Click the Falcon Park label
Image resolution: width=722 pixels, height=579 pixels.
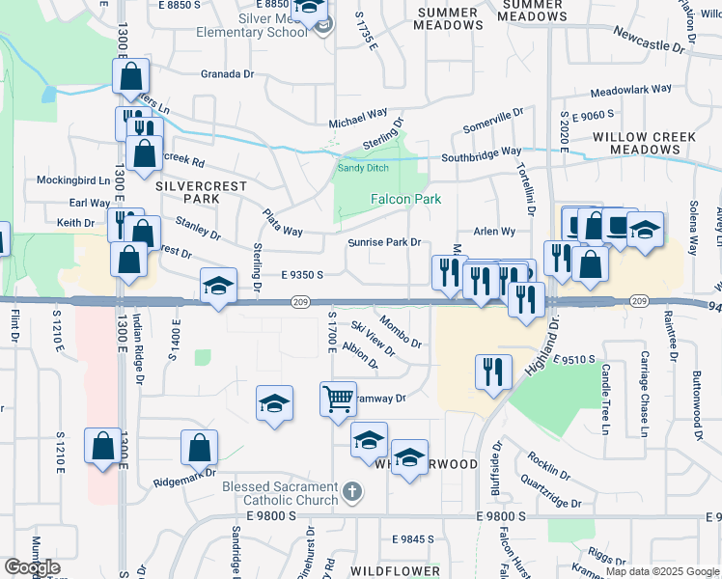point(406,200)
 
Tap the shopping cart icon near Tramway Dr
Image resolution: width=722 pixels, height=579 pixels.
point(338,398)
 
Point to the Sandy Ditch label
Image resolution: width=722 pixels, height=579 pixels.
point(362,168)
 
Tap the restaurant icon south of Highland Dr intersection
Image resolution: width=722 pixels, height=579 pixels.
point(492,371)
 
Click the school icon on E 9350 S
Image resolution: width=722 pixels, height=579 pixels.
point(219,286)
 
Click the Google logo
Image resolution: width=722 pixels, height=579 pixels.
point(32,567)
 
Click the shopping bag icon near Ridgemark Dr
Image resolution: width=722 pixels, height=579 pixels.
point(199,448)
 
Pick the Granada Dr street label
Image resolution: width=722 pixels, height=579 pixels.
point(227,73)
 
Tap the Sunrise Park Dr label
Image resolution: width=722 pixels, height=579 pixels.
point(384,242)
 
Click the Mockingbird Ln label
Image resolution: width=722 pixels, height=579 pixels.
point(74,180)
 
